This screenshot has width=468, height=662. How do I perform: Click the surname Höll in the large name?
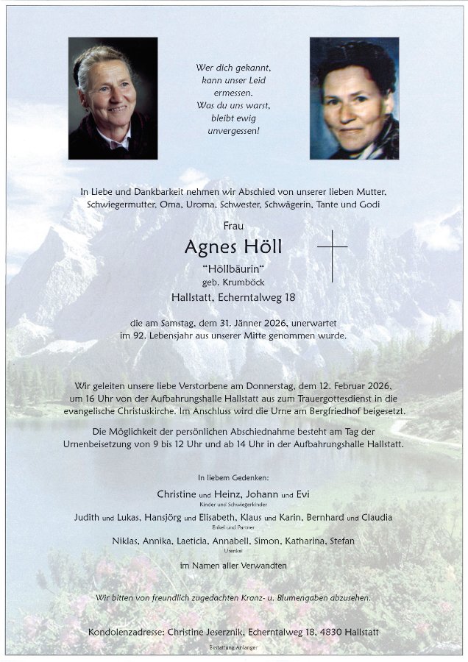point(258,247)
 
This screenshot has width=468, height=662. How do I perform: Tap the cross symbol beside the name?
point(332,255)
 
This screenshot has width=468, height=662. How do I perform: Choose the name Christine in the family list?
point(178,494)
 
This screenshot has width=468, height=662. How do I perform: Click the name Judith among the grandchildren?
point(86,517)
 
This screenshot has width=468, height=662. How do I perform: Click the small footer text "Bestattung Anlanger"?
point(234,649)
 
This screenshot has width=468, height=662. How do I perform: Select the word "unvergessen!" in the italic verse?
point(233,130)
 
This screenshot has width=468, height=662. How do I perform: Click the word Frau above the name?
point(233,226)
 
